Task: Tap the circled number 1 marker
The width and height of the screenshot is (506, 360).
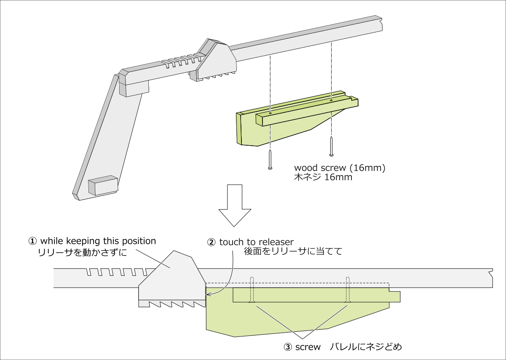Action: point(32,241)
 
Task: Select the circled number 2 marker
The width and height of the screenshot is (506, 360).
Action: point(211,242)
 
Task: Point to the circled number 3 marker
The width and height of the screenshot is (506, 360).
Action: point(288,347)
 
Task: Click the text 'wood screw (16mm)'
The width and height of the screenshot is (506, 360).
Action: point(340,168)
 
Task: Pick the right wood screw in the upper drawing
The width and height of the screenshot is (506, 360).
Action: point(332,146)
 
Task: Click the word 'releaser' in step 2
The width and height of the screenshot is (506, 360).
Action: point(276,242)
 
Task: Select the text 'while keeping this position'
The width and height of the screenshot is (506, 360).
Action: point(98,241)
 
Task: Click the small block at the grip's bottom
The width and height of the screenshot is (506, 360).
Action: point(102,185)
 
